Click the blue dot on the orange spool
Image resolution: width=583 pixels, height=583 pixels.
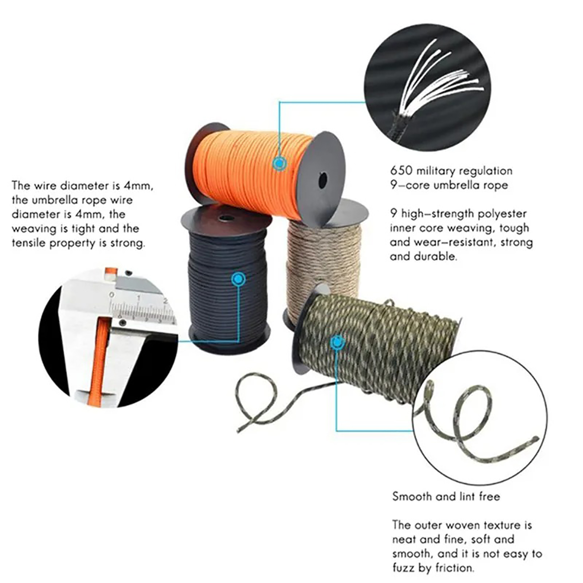(x=279, y=164)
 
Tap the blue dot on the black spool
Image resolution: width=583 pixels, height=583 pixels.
(x=238, y=279)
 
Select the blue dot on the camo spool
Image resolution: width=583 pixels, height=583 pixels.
(x=338, y=343)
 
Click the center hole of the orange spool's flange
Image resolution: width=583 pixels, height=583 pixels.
(x=322, y=180)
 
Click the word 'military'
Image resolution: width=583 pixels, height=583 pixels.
(x=436, y=171)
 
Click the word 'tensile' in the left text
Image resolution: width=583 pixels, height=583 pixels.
(x=28, y=243)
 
